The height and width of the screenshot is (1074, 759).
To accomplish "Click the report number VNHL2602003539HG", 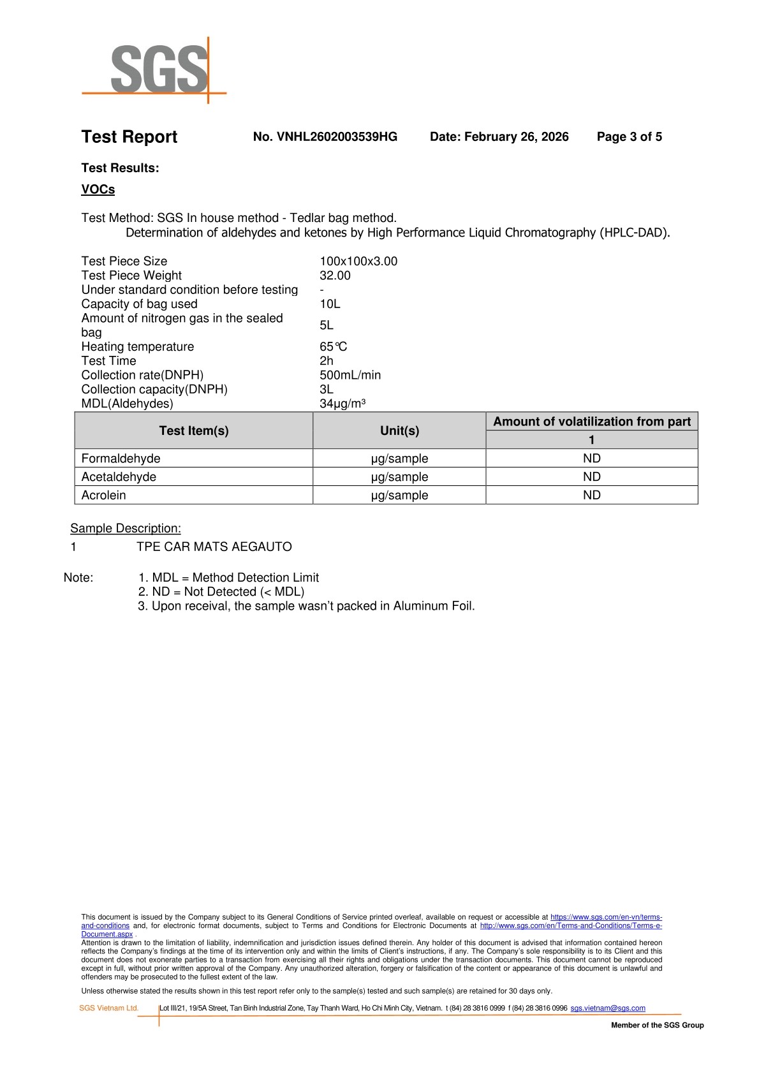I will pyautogui.click(x=325, y=136).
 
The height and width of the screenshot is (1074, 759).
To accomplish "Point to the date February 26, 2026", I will pyautogui.click(x=499, y=136).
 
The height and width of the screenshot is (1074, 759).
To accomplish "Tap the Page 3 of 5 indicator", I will pyautogui.click(x=629, y=136).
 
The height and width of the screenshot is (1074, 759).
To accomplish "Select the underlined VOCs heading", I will pyautogui.click(x=98, y=189).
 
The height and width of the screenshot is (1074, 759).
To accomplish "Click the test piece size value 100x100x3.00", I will pyautogui.click(x=358, y=261).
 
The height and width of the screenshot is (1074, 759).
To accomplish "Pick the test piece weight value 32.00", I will pyautogui.click(x=335, y=276).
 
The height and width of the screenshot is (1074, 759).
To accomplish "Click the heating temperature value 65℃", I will pyautogui.click(x=333, y=347).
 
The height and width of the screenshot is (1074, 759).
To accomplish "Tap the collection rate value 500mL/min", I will pyautogui.click(x=350, y=375).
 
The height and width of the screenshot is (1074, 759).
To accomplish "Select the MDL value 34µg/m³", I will pyautogui.click(x=342, y=404).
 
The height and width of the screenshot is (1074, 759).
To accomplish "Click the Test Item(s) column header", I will pyautogui.click(x=193, y=430).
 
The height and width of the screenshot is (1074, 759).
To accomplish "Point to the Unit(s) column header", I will pyautogui.click(x=399, y=430).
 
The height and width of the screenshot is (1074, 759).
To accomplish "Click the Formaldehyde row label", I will pyautogui.click(x=121, y=459).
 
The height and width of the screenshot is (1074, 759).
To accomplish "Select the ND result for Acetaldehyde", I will pyautogui.click(x=591, y=477).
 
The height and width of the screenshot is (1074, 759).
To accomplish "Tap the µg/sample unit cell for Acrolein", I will pyautogui.click(x=399, y=496).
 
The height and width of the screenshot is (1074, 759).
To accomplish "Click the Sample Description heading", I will pyautogui.click(x=126, y=528).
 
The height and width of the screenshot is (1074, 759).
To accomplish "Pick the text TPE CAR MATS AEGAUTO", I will pyautogui.click(x=214, y=547).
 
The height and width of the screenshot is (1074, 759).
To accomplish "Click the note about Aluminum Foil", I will pyautogui.click(x=306, y=606).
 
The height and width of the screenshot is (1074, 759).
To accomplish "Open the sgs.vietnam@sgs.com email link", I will pyautogui.click(x=607, y=1008).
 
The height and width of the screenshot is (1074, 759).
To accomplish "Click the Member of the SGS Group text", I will pyautogui.click(x=657, y=1025).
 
